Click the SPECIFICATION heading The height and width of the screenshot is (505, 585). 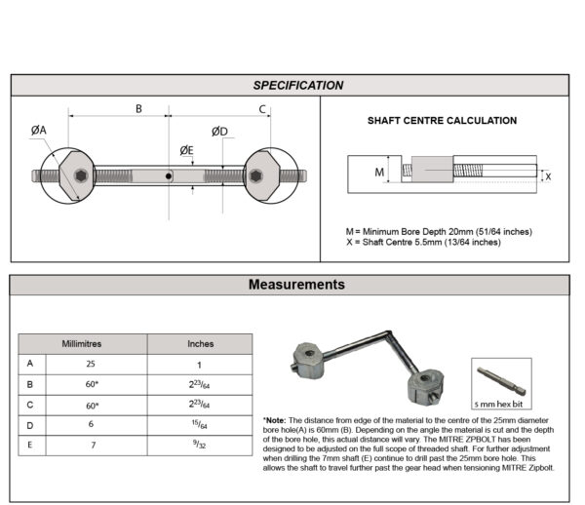297,86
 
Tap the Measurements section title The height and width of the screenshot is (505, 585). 296,286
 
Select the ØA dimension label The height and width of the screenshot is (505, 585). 38,131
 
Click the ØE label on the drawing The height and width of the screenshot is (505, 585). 186,150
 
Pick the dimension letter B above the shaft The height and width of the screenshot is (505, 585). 138,109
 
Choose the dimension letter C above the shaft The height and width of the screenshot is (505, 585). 263,109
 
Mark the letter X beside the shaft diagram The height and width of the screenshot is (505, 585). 547,176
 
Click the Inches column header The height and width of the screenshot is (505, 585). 200,344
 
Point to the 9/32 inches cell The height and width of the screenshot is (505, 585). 200,445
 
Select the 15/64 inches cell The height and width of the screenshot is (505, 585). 200,424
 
